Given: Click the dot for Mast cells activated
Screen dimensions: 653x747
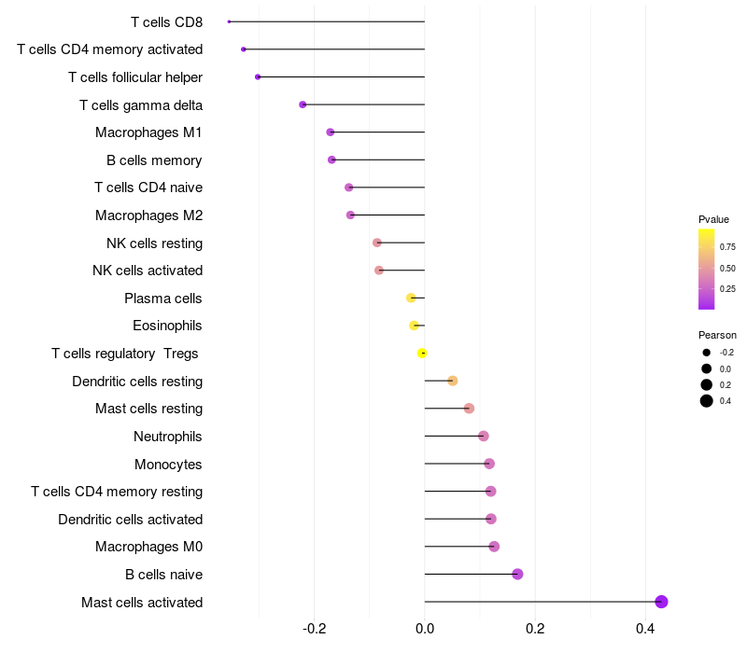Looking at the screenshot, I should [661, 602].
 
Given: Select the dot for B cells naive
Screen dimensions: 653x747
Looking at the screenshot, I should [517, 574].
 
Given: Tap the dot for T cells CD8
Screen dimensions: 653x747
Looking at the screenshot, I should [229, 21].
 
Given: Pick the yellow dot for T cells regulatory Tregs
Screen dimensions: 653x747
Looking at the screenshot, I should [422, 354].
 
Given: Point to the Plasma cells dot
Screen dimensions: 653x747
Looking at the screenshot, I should [411, 299].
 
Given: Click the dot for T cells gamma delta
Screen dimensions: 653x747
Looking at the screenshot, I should [303, 104].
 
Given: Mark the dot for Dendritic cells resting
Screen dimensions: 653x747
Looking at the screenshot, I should [453, 381].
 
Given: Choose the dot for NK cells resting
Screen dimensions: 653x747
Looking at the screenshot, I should [377, 243].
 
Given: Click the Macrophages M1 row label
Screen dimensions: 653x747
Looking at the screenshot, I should [148, 132].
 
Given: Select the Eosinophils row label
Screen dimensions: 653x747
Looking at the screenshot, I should [167, 326].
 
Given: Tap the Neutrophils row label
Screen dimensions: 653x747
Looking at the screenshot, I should [168, 437].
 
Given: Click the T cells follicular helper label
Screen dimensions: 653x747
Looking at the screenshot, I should [135, 76].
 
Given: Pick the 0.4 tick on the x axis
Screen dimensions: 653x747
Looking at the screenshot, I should [645, 630].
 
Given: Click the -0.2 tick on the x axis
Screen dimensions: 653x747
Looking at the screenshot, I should [315, 630].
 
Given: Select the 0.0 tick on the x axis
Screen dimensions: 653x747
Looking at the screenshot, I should [425, 630].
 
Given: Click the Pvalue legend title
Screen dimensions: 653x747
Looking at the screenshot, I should [713, 219].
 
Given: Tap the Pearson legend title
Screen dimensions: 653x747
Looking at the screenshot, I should [717, 335].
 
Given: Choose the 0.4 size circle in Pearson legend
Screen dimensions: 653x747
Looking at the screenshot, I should [707, 401].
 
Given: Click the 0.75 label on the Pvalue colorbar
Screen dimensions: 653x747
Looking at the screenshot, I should [727, 247].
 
